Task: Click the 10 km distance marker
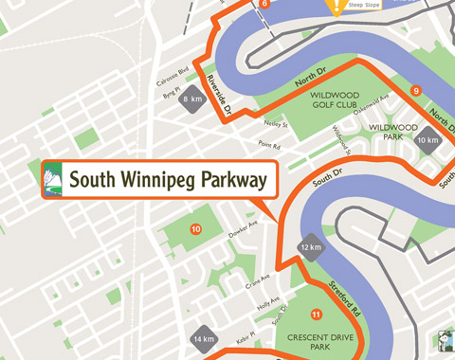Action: point(430,140)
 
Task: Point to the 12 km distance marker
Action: point(311,247)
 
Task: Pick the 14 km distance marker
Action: point(203,338)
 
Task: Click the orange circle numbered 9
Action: point(415,91)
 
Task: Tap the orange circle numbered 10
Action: point(195,228)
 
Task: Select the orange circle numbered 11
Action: point(316,315)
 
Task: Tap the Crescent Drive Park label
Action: point(316,344)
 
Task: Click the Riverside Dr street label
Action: point(219,96)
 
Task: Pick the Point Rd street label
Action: point(270,146)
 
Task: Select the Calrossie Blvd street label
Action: point(171,74)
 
